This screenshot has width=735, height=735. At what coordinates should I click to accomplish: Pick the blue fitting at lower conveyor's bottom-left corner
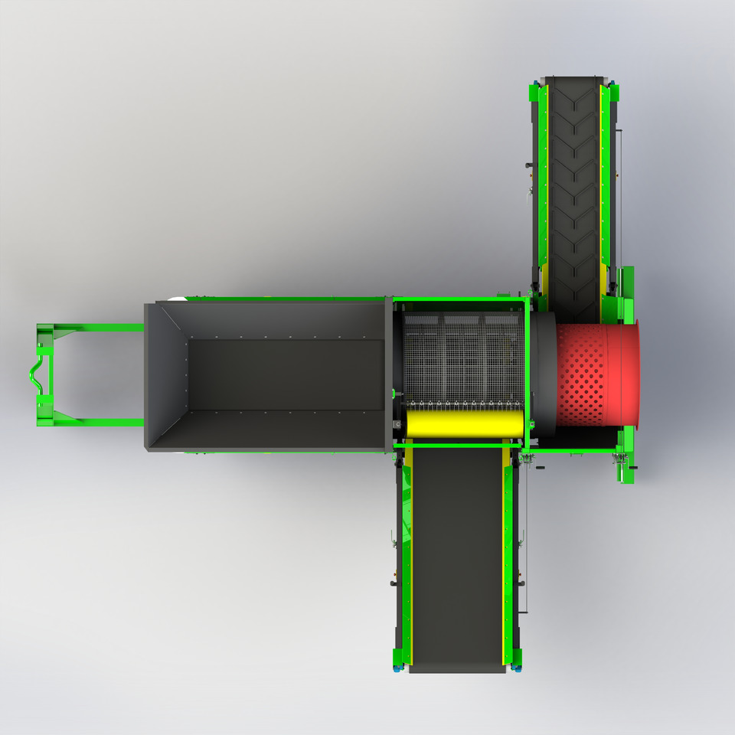coord(397,668)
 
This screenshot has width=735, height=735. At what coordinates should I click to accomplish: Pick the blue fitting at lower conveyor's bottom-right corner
coord(518,668)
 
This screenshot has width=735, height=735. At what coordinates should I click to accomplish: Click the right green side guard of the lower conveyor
coord(508,559)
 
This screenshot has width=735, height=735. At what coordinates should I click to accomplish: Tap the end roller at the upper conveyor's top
coord(574,79)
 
